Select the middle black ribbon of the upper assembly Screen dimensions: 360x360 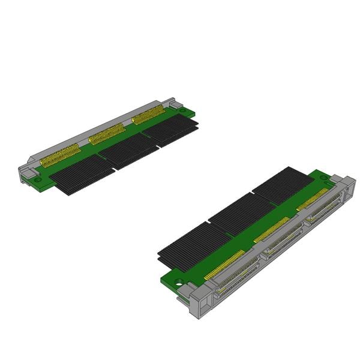[x=127, y=151]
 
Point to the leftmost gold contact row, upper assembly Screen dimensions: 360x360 [x=60, y=157]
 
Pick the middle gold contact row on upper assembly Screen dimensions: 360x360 [x=107, y=134]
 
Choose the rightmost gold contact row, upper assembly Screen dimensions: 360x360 [x=148, y=114]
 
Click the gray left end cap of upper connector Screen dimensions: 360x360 [x=27, y=173]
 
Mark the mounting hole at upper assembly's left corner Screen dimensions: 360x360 [x=37, y=179]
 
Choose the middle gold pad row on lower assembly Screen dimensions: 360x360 [x=272, y=229]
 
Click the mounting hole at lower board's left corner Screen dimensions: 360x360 [x=178, y=282]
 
